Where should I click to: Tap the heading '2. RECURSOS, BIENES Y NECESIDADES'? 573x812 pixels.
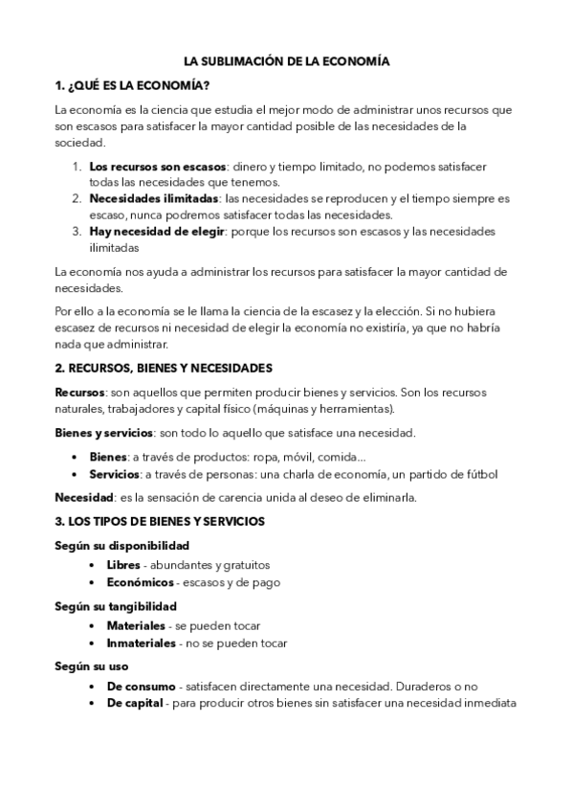[164, 368]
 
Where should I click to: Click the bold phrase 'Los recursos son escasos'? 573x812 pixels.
[158, 166]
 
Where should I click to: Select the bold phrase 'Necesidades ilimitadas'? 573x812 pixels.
[153, 199]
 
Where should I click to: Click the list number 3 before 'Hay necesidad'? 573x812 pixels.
[77, 232]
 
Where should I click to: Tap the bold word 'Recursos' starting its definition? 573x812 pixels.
[79, 393]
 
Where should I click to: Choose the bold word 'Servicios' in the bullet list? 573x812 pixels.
[115, 474]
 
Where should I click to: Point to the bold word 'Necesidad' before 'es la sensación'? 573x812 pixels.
[83, 498]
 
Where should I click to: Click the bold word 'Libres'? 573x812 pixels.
[123, 565]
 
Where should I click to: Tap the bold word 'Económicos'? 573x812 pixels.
[140, 582]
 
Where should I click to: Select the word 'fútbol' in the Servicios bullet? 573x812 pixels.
[480, 474]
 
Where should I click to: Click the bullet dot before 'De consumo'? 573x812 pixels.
[91, 687]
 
